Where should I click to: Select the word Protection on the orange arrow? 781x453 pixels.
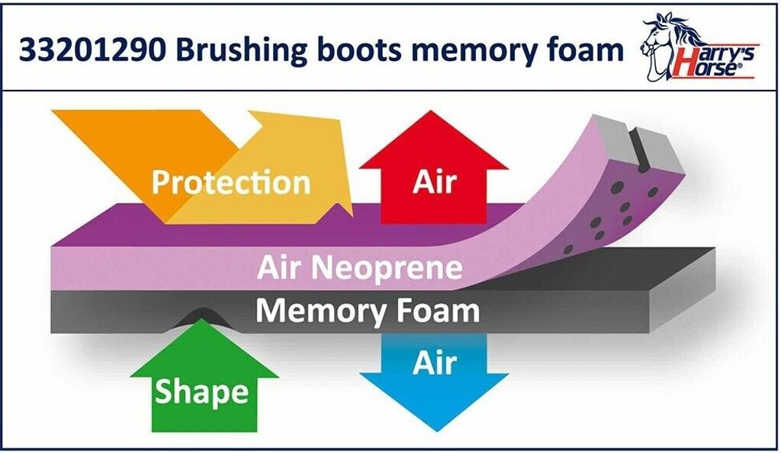(230, 183)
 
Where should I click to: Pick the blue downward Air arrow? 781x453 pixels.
(434, 381)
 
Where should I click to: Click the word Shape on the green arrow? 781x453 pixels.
(202, 392)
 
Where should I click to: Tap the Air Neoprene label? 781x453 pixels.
(359, 268)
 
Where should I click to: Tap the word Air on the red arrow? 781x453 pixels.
(434, 182)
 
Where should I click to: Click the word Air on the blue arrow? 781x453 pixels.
(434, 364)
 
